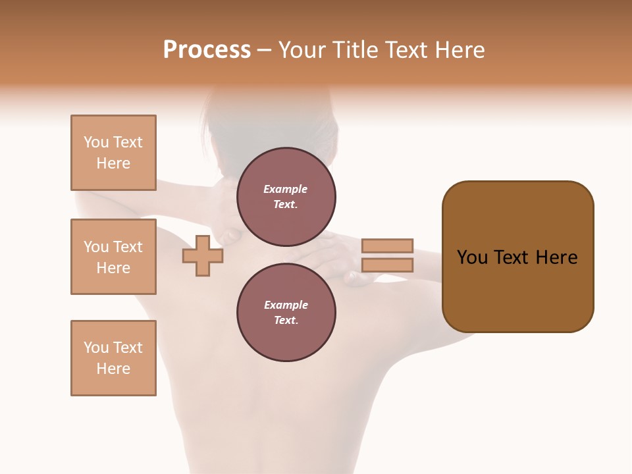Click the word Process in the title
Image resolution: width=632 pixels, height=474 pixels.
coord(207,50)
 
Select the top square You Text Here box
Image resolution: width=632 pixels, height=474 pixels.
coord(113,153)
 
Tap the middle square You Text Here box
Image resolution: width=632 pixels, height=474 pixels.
coord(113,257)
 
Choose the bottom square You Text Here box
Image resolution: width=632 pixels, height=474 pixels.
coord(113,358)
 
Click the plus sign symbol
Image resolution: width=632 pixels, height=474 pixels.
coord(203,255)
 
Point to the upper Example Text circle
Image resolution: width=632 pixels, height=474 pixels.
coord(286,197)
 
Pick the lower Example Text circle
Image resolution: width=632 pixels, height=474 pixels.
coord(286,313)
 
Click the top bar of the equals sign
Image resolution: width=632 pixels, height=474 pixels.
coord(387,246)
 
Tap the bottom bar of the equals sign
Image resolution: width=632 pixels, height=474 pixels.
coord(387,265)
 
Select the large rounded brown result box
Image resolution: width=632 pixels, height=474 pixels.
coord(517,296)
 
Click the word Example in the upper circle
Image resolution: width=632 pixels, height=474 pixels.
coord(286,189)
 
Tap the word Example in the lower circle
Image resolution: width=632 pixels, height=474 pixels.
coord(286,305)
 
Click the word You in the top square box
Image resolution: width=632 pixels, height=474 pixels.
coord(96,142)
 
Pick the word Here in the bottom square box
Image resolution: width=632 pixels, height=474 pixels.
coord(113,369)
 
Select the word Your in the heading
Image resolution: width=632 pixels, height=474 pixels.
coord(303,50)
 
